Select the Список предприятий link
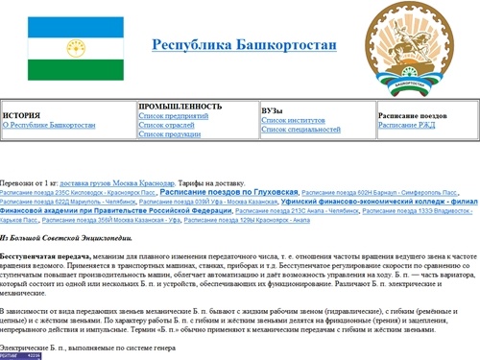(174, 115)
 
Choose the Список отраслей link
(167, 125)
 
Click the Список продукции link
(170, 134)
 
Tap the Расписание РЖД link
(407, 125)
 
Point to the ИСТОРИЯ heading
(22, 115)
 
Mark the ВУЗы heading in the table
(273, 111)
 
